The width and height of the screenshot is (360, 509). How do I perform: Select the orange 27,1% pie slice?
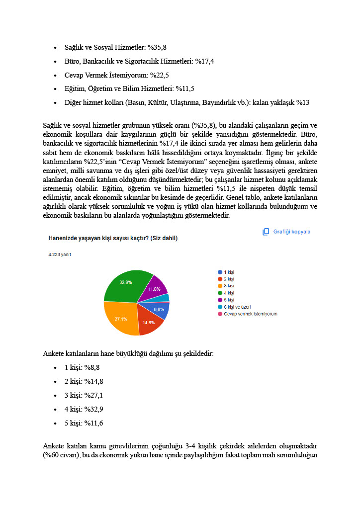coord(119,318)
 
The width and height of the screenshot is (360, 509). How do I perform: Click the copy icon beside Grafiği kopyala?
coord(266,232)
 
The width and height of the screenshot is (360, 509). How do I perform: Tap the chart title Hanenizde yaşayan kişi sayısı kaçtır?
coord(113,238)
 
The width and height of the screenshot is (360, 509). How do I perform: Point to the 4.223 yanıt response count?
coord(59,254)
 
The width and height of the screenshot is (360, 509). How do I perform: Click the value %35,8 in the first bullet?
coord(157,48)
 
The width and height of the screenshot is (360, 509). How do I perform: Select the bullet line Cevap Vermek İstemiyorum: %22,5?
coord(116,75)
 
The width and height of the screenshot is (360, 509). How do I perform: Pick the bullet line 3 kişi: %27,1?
coord(84,396)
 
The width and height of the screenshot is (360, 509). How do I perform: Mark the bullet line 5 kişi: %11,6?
coord(84,424)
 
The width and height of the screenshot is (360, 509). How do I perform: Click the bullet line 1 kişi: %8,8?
coord(82,368)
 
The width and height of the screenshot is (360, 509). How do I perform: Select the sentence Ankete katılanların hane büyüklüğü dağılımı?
coord(129,354)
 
